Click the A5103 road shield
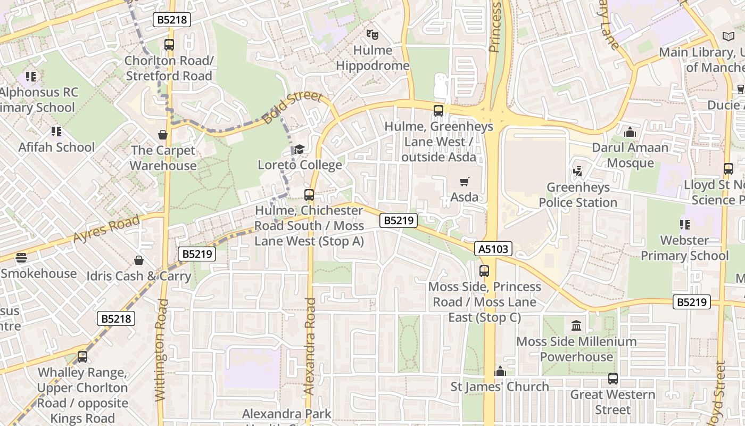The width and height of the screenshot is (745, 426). tap(493, 249)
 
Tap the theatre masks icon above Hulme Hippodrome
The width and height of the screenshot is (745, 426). tap(372, 35)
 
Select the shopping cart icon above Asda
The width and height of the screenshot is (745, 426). tap(464, 182)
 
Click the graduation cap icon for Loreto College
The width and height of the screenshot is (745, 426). tap(300, 149)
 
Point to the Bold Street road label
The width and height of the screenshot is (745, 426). tap(293, 108)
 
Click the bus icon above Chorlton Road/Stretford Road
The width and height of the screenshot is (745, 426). tap(169, 45)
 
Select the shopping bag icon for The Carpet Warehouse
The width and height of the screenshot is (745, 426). tap(163, 135)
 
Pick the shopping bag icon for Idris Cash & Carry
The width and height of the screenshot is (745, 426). tap(138, 260)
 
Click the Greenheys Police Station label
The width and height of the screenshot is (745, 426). tap(578, 195)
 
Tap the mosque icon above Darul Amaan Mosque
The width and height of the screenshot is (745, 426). tap(630, 132)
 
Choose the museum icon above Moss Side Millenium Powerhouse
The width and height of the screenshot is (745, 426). tap(576, 325)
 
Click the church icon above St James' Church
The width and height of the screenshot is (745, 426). tap(500, 371)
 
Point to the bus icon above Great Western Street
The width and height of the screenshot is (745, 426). tap(613, 379)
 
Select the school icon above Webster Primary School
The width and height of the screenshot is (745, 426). tap(684, 225)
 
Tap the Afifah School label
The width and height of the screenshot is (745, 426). tap(56, 147)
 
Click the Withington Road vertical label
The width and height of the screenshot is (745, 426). tap(161, 349)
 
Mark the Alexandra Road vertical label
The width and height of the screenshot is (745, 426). tap(310, 346)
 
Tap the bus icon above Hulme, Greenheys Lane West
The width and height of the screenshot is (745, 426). tap(438, 111)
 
